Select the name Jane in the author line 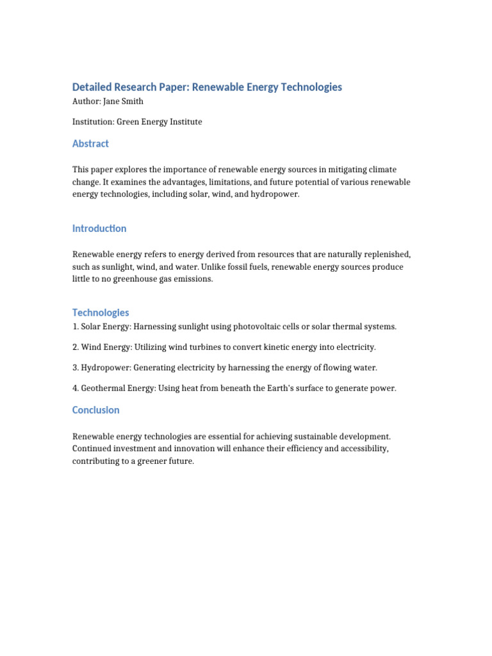coord(111,101)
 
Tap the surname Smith coord(133,101)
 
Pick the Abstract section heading coord(90,143)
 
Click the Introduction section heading coord(99,228)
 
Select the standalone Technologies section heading coord(101,313)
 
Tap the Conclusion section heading coord(95,410)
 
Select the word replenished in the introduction coord(385,254)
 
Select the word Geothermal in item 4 coord(103,388)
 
